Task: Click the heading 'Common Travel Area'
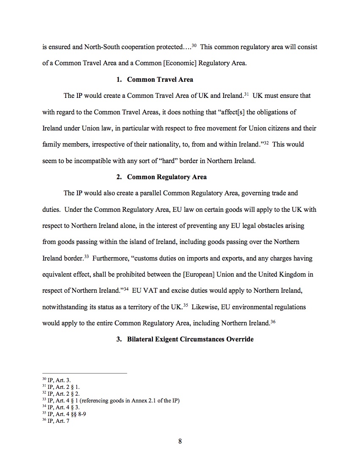(160, 79)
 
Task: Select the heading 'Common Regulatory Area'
(166, 177)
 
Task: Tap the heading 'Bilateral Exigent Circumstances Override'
(190, 339)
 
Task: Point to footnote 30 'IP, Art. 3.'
(59, 380)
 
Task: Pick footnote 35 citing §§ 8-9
(62, 414)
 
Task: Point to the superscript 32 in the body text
(265, 142)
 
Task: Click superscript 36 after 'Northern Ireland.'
(273, 321)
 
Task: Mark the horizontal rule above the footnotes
(85, 373)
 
